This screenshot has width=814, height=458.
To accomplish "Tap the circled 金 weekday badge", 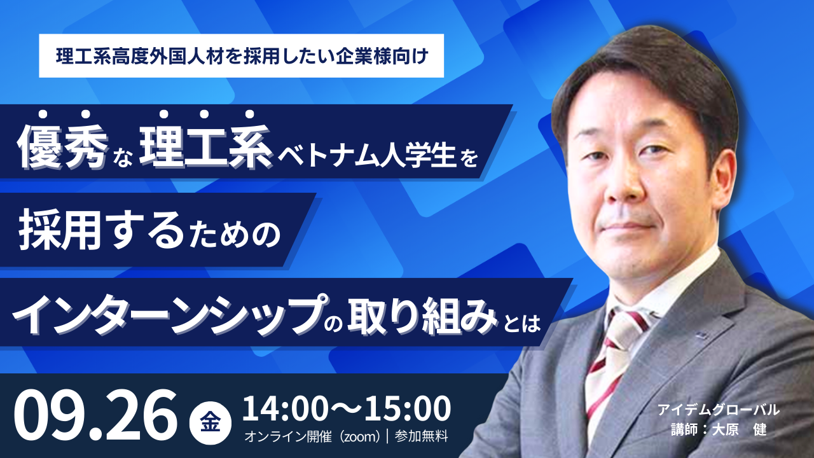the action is (x=210, y=424).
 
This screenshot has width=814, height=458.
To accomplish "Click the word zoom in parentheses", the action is (x=360, y=436).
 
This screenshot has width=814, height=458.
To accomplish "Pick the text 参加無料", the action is (x=421, y=436).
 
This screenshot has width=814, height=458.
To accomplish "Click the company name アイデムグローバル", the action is (x=719, y=410).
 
